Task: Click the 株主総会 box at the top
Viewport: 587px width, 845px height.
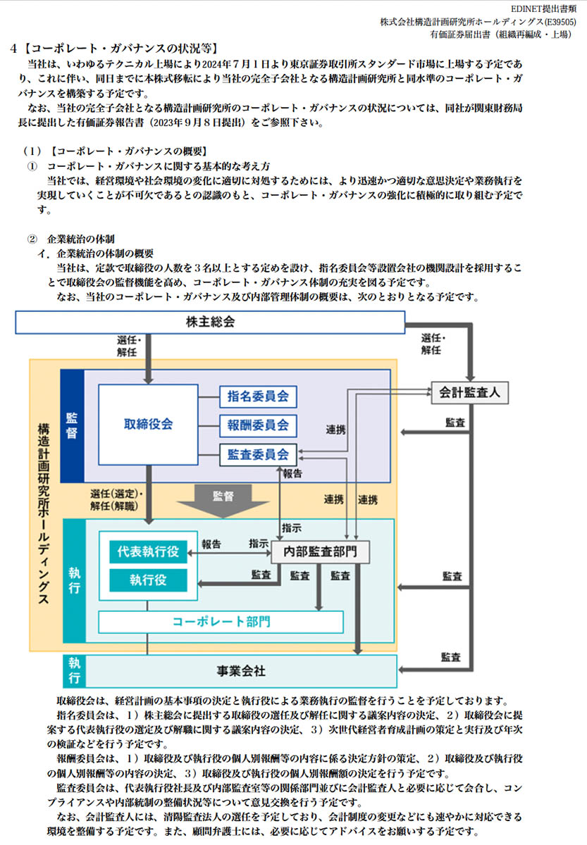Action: pyautogui.click(x=210, y=322)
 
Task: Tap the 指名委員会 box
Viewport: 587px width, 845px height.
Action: pyautogui.click(x=258, y=396)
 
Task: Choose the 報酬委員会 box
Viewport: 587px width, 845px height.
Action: pyautogui.click(x=258, y=425)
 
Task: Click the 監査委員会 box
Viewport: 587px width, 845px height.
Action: pyautogui.click(x=258, y=455)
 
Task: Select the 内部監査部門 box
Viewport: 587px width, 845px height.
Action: pyautogui.click(x=320, y=552)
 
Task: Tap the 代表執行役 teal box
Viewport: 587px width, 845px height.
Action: pyautogui.click(x=148, y=552)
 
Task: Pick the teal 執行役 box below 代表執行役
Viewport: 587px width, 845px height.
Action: pyautogui.click(x=148, y=580)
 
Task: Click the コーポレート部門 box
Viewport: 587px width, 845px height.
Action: pyautogui.click(x=221, y=622)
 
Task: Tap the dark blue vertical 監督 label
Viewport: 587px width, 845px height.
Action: pyautogui.click(x=72, y=425)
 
